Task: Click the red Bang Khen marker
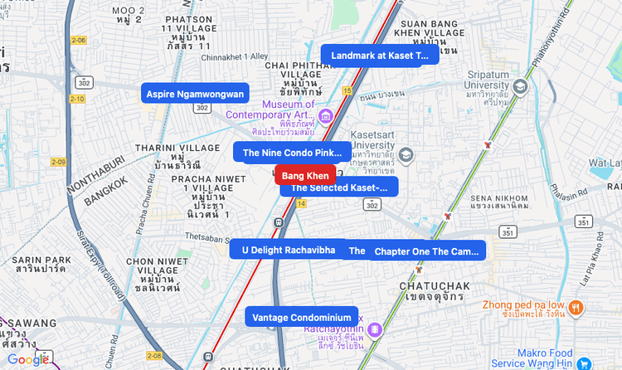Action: [x=305, y=175]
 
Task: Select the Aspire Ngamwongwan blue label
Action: [x=195, y=94]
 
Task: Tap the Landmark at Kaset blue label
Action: [x=380, y=56]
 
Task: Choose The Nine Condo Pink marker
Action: [x=290, y=153]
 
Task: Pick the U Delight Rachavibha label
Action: [x=288, y=250]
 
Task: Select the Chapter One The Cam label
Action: [x=426, y=251]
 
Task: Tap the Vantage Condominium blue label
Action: [x=302, y=317]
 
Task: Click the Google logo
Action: [x=28, y=359]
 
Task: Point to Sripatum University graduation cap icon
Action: [x=520, y=86]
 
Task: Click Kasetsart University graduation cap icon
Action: [x=406, y=154]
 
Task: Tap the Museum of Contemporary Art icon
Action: [x=326, y=115]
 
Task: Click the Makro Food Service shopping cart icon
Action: [x=586, y=363]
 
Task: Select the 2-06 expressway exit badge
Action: [x=78, y=40]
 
